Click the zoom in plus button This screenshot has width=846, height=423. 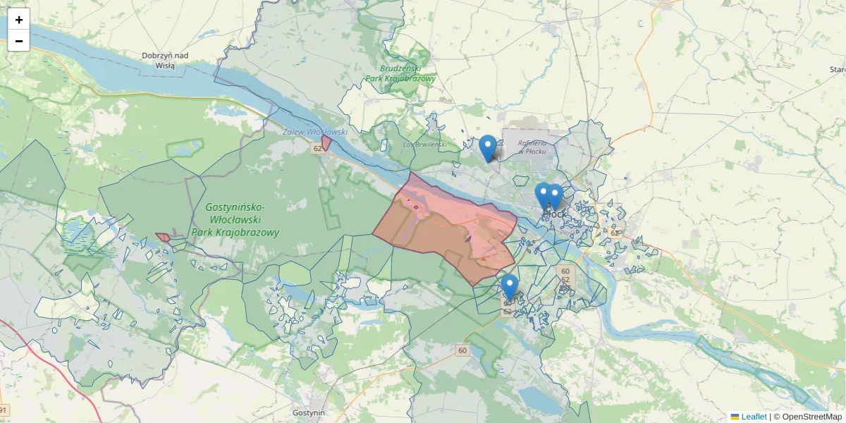[19, 20]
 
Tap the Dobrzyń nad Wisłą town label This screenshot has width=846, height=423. [164, 60]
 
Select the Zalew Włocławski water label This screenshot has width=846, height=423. [315, 132]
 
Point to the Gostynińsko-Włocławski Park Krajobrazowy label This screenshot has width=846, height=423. [235, 219]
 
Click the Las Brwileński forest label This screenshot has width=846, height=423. [425, 145]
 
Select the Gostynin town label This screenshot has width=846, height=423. [309, 412]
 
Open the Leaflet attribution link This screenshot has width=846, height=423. [754, 417]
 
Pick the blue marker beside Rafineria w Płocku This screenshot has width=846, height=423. [487, 148]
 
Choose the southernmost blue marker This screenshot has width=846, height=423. [510, 287]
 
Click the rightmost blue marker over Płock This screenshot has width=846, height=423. [555, 197]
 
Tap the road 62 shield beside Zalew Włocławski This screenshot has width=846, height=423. [318, 148]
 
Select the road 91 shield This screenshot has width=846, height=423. [4, 411]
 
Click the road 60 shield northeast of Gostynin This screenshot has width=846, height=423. [462, 350]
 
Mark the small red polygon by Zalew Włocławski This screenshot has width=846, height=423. [326, 142]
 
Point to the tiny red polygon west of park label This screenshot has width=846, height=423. [163, 238]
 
